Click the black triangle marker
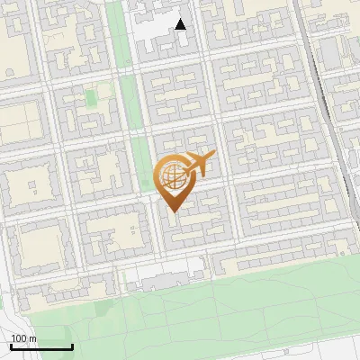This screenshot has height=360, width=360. (x=181, y=24)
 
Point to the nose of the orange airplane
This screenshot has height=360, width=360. (x=214, y=156)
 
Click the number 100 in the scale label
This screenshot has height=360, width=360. (x=17, y=338)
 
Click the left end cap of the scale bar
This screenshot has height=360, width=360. (x=11, y=346)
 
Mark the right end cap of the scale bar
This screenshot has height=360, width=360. (x=72, y=346)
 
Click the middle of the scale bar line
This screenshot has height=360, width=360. (x=41, y=347)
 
